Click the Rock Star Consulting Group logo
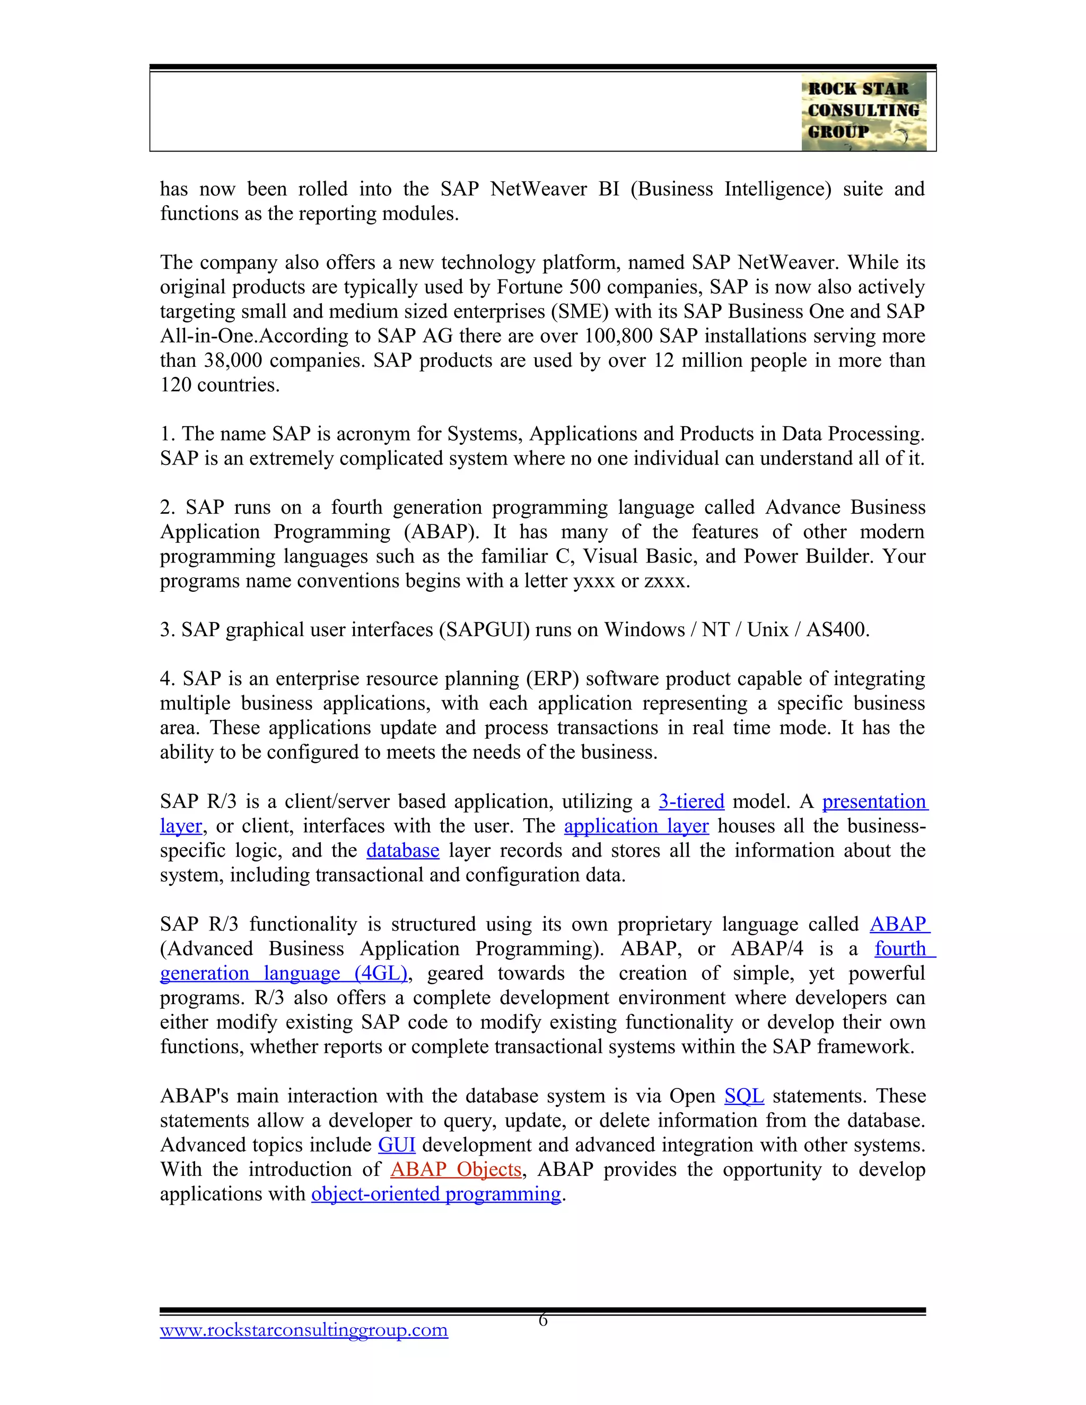[x=863, y=111]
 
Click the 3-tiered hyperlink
[x=691, y=802]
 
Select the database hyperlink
[x=403, y=850]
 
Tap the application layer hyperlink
[x=636, y=826]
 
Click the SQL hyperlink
[x=744, y=1095]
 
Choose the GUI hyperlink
[x=396, y=1145]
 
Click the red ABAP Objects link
[x=456, y=1169]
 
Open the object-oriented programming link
[x=436, y=1193]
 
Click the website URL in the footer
[x=304, y=1330]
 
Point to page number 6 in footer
[x=542, y=1320]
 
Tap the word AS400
[x=837, y=629]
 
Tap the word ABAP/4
[x=767, y=949]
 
